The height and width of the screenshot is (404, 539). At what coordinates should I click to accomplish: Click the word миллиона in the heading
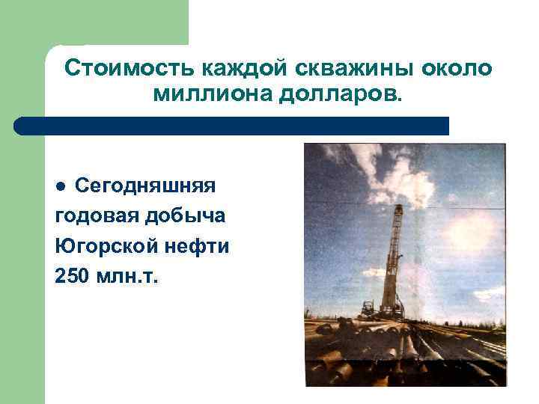click(x=201, y=96)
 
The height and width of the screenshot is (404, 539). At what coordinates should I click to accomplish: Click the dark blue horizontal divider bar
click(x=232, y=126)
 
